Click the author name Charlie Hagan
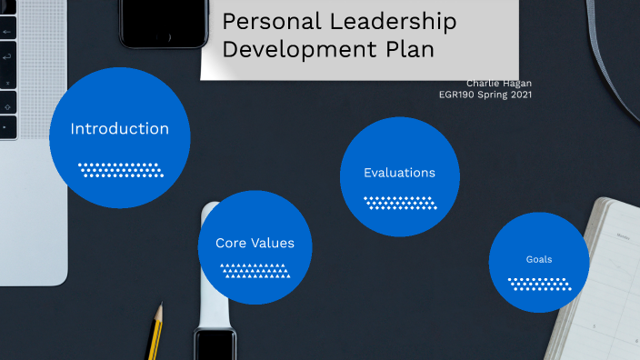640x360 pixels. [499, 83]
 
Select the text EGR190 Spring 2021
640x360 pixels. [485, 94]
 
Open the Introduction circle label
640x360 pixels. [120, 129]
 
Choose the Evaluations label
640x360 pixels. [399, 173]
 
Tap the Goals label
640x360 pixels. [539, 259]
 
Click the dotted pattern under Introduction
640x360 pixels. [120, 170]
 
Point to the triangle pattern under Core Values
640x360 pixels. [255, 270]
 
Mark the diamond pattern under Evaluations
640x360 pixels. [400, 202]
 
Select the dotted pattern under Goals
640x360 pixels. [539, 284]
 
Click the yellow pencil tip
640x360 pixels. [158, 313]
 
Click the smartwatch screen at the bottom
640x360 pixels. [215, 345]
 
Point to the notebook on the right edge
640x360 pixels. [605, 273]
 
